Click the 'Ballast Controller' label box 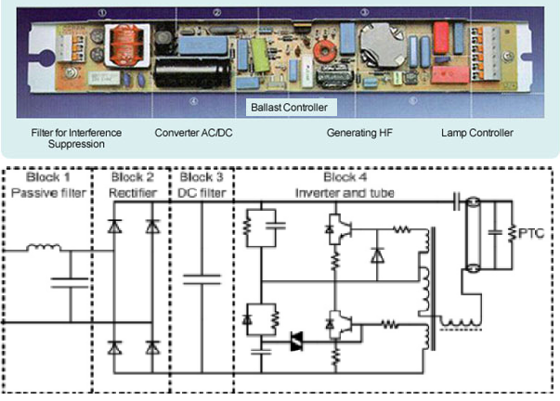(x=289, y=108)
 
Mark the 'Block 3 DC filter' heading (x=201, y=184)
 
